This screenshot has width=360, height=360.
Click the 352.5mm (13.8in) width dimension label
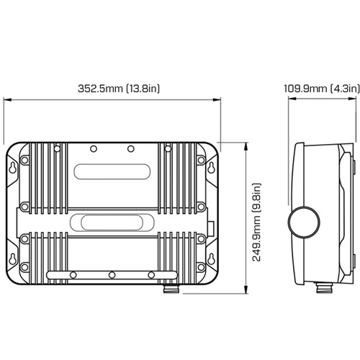[119, 89]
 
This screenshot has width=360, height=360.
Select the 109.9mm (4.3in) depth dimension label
[322, 89]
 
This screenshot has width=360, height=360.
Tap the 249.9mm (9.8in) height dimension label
[256, 222]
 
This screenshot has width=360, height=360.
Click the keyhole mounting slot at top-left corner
[13, 168]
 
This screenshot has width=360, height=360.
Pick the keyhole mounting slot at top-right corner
[211, 168]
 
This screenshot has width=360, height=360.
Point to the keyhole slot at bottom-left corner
[13, 258]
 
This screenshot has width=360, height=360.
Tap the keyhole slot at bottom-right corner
[211, 258]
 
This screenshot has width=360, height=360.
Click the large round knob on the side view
[304, 222]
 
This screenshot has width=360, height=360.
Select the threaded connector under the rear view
[171, 288]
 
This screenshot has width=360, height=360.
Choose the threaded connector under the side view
[324, 287]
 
